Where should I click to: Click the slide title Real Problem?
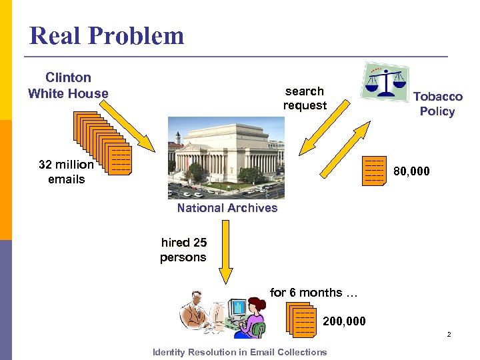[x=107, y=35]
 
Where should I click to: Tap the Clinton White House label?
[x=68, y=85]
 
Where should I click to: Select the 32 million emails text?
[x=66, y=171]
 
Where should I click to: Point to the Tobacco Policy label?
[x=437, y=104]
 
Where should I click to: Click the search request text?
[x=305, y=98]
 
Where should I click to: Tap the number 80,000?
[x=411, y=171]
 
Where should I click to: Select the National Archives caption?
[x=227, y=207]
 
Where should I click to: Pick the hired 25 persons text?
[x=183, y=250]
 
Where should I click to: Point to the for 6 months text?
[x=313, y=292]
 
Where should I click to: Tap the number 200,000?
[x=344, y=321]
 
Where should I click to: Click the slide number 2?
[x=449, y=334]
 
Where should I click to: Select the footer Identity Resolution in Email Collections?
[x=239, y=351]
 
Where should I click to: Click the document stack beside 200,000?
[x=301, y=319]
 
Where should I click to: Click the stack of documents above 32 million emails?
[x=103, y=143]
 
